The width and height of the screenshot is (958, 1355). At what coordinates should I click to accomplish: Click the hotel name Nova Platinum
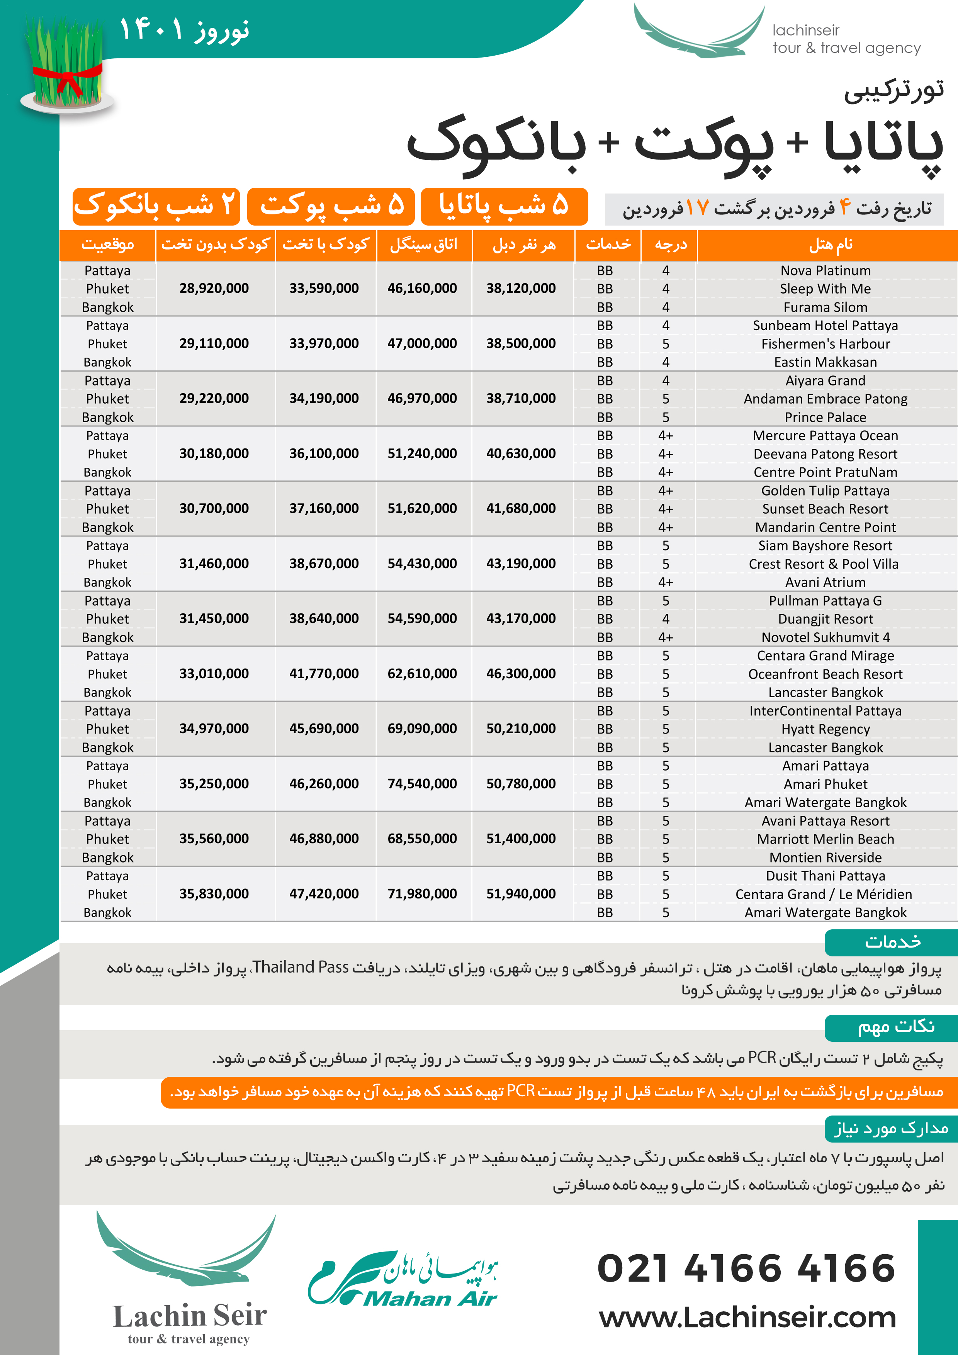825,271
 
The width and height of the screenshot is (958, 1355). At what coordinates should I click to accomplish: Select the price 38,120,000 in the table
521,289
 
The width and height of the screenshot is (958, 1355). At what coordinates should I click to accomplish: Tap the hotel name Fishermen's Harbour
825,344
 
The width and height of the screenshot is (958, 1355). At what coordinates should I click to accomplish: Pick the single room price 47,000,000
422,343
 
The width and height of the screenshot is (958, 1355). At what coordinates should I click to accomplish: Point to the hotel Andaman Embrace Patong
825,399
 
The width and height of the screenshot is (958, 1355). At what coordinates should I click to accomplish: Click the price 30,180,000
214,454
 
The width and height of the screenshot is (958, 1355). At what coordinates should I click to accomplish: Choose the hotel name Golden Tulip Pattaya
825,491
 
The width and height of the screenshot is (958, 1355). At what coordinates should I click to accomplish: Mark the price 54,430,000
422,564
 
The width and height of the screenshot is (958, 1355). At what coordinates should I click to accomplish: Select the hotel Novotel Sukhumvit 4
825,637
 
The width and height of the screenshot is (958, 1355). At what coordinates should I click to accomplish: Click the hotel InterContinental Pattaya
825,711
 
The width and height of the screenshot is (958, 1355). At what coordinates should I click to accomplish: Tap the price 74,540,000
422,784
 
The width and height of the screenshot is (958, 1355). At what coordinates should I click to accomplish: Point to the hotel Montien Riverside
825,857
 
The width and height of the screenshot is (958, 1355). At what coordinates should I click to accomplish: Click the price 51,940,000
521,894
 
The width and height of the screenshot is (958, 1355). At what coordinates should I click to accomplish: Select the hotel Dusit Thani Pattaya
825,876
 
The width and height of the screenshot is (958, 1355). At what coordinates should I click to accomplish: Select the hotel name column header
830,245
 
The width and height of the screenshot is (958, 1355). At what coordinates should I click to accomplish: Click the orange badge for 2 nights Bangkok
156,206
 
